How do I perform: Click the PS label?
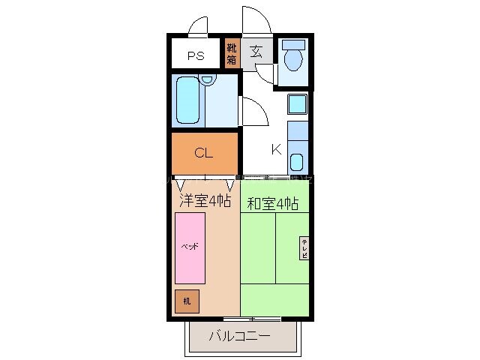(x=196, y=55)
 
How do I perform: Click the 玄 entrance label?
(x=256, y=52)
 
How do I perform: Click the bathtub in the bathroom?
(x=190, y=99)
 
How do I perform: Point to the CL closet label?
(x=204, y=154)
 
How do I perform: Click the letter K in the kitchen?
(x=276, y=149)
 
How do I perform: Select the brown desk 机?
(x=187, y=300)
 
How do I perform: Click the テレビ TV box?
(x=305, y=247)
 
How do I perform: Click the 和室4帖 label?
(x=273, y=202)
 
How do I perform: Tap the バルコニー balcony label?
(x=239, y=336)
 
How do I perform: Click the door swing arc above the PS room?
(x=199, y=25)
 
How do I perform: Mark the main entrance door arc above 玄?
(x=252, y=19)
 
